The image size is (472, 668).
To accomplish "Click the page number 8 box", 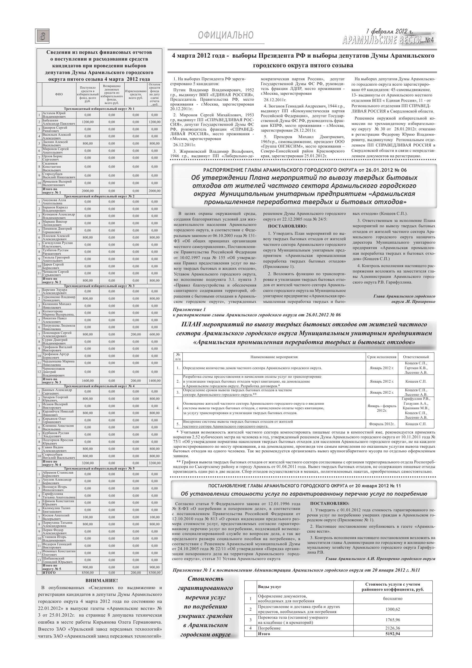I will pyautogui.click(x=43, y=37).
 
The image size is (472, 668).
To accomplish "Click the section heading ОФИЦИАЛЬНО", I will pyautogui.click(x=226, y=35).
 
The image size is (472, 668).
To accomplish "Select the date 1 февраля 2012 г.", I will pyautogui.click(x=389, y=32).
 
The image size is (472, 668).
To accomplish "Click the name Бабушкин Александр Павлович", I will pyautogui.click(x=58, y=122).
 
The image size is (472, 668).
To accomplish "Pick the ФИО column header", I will pyautogui.click(x=59, y=94).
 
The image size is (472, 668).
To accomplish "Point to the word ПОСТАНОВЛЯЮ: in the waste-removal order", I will pyautogui.click(x=287, y=226).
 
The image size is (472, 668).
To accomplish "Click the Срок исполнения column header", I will pyautogui.click(x=382, y=357).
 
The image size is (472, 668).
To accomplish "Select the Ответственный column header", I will pyautogui.click(x=415, y=357).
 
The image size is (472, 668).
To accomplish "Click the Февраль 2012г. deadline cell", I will pyautogui.click(x=382, y=424).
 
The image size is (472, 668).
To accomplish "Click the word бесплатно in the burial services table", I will pyautogui.click(x=393, y=599).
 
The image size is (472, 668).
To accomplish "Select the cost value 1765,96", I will pyautogui.click(x=393, y=620).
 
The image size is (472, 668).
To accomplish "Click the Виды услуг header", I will pyautogui.click(x=270, y=587).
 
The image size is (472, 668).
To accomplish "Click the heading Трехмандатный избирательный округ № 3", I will pyautogui.click(x=99, y=286).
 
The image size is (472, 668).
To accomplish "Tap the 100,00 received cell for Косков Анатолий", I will pyautogui.click(x=87, y=517).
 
